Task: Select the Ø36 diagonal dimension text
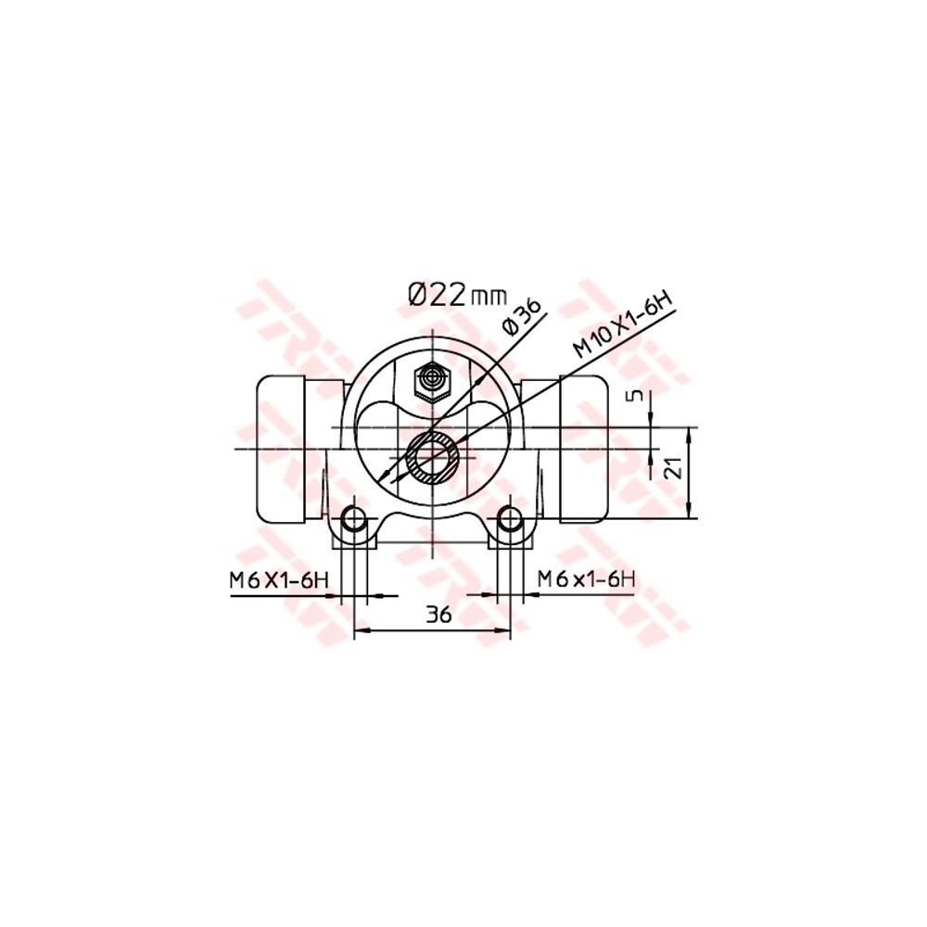click(520, 319)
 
